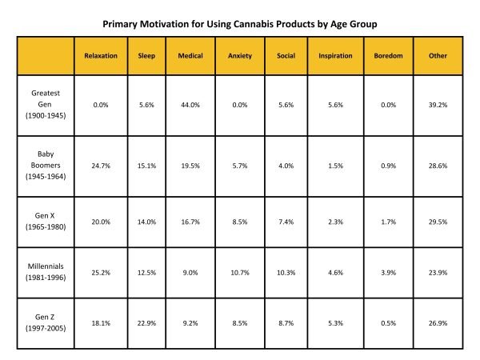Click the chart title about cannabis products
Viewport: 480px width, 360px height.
(240, 24)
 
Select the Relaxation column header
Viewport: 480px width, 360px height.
(101, 57)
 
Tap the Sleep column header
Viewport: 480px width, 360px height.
(146, 57)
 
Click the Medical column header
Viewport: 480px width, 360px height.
(191, 57)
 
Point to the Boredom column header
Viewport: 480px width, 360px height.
(388, 57)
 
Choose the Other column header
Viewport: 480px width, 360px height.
(438, 57)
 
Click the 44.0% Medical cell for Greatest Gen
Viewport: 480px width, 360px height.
(191, 105)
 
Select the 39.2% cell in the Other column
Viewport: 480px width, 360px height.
(438, 105)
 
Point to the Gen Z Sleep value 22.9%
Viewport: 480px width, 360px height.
(146, 325)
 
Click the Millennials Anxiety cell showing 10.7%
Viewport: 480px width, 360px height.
(239, 272)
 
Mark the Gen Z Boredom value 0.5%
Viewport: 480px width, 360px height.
(388, 325)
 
